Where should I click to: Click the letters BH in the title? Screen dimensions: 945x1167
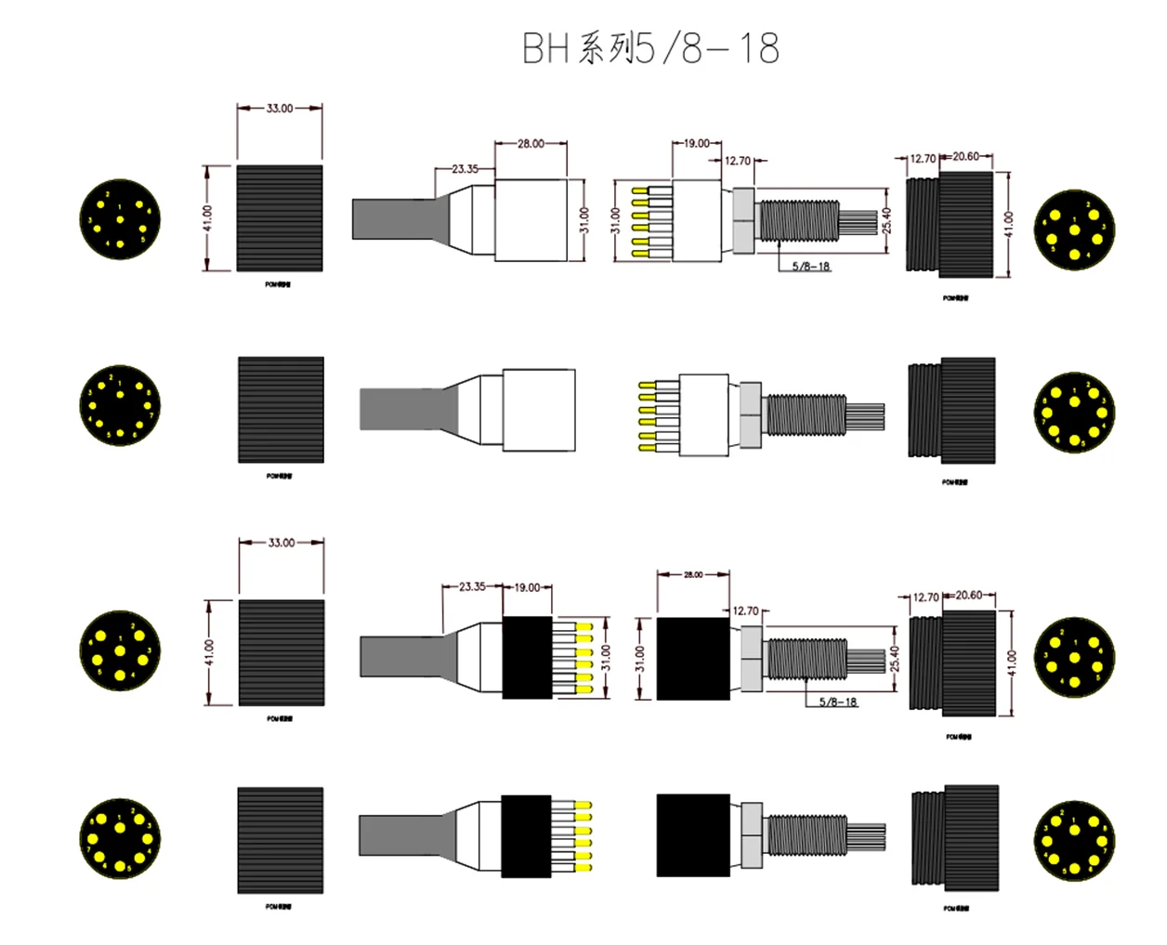[x=545, y=48]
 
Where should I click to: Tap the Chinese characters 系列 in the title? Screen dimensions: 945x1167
[x=605, y=48]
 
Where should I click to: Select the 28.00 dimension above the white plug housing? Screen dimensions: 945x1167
[x=531, y=144]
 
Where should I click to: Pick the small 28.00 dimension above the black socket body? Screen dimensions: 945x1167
[x=693, y=575]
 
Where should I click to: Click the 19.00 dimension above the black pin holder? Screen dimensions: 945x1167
[x=527, y=587]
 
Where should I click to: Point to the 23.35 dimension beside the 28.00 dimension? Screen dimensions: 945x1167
[x=465, y=169]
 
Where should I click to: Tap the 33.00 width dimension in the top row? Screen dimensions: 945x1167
[x=280, y=109]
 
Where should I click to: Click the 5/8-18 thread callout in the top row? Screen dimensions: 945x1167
[x=810, y=267]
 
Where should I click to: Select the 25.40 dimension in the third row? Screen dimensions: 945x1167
[x=895, y=659]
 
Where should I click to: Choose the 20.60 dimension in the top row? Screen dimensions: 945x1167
[x=965, y=157]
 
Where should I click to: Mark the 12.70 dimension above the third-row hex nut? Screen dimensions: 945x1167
[x=745, y=611]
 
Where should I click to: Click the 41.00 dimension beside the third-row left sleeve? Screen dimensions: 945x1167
[x=209, y=652]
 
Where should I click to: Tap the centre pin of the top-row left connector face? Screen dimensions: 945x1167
[x=120, y=219]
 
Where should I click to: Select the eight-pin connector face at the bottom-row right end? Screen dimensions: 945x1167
[x=1074, y=841]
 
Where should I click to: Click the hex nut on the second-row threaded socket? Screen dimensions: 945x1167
[x=751, y=412]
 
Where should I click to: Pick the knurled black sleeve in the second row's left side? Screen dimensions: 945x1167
[x=281, y=410]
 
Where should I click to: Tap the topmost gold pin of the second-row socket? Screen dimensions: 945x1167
[x=645, y=384]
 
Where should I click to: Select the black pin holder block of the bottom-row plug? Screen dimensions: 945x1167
[x=526, y=836]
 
